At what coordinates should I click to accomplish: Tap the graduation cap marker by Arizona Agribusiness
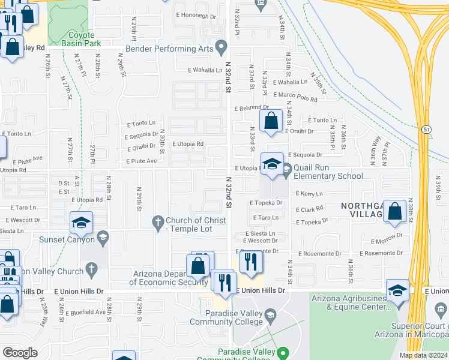point(397,291)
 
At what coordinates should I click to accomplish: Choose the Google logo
point(20,353)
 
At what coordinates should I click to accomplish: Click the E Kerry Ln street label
point(309,194)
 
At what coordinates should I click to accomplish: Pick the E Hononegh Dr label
point(194,14)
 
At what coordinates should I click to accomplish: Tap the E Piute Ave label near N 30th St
point(141,161)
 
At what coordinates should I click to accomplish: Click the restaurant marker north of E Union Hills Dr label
point(251,261)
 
